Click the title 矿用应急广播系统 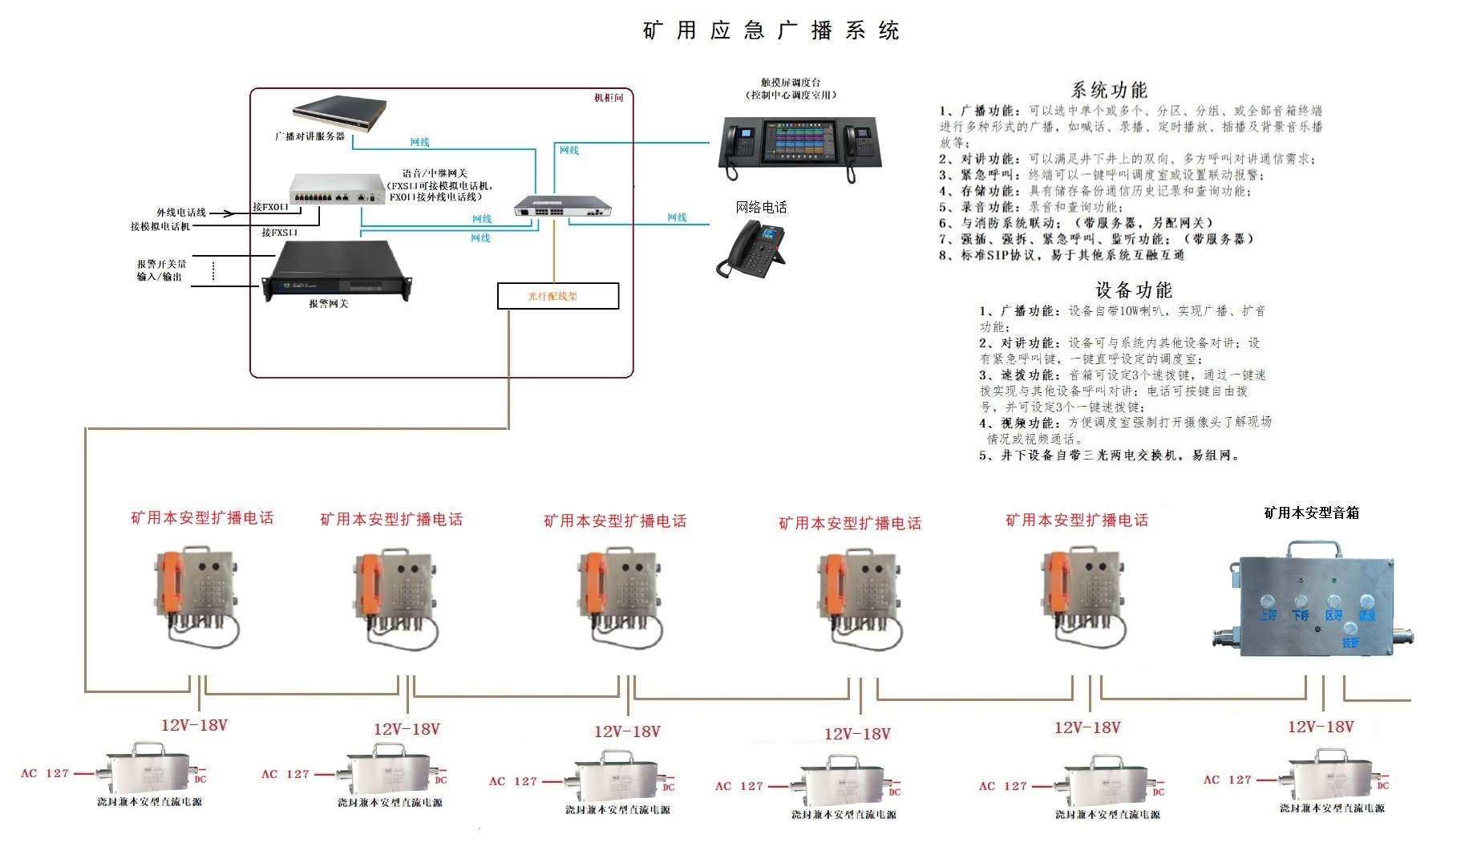tap(771, 30)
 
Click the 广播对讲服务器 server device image tap(339, 113)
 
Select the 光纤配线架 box tap(557, 296)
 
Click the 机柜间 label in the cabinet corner tap(608, 98)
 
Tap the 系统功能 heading tap(1109, 90)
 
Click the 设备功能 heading tap(1133, 290)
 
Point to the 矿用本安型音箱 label tap(1311, 513)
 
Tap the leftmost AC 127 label tap(45, 773)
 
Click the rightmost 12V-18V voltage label tap(1320, 727)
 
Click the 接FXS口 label tap(279, 233)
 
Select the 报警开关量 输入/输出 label tap(161, 270)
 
